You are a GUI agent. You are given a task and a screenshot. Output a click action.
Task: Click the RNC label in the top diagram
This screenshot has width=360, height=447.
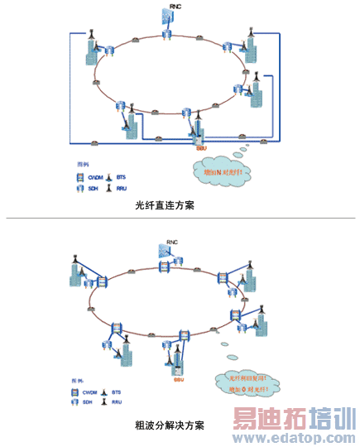pos(174,7)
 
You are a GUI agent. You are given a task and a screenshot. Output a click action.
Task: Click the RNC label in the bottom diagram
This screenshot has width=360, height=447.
pos(171,243)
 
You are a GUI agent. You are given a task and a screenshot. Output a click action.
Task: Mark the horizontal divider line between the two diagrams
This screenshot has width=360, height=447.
pos(180,219)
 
